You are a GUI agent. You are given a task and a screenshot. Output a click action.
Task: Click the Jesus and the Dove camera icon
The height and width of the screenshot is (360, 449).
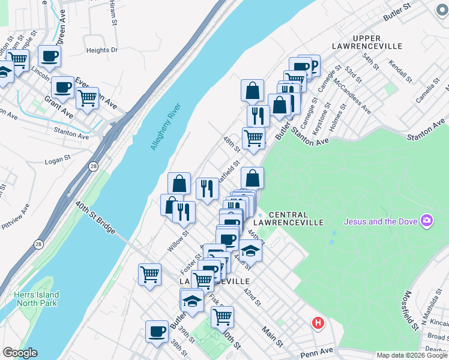click(x=427, y=221)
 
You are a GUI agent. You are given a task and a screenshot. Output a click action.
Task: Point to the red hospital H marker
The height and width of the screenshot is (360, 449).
click(x=318, y=323)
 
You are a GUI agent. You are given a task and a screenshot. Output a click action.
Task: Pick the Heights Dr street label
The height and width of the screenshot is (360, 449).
click(x=102, y=50)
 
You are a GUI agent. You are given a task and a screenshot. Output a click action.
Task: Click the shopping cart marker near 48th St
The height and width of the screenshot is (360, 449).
click(x=253, y=138)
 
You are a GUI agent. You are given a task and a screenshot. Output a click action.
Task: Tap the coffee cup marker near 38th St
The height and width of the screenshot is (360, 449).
click(x=157, y=331)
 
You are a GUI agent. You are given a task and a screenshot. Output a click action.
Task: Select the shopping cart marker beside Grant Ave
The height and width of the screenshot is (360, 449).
click(x=88, y=98)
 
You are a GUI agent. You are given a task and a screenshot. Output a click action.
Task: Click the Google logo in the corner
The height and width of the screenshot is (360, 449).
click(x=19, y=353)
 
